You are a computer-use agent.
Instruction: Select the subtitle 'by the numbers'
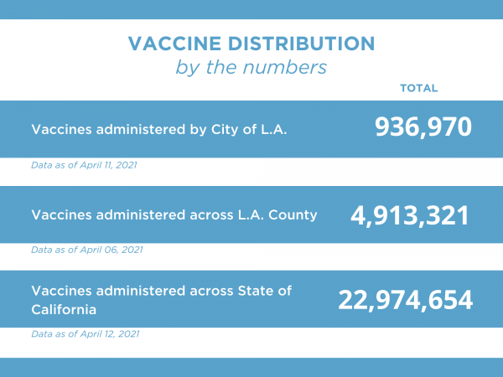click(251, 67)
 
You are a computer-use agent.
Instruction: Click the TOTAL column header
click(418, 88)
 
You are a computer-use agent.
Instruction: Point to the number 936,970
click(423, 127)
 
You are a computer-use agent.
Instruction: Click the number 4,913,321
click(409, 214)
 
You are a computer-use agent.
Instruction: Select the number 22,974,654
click(406, 300)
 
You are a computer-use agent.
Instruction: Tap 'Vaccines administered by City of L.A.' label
click(159, 130)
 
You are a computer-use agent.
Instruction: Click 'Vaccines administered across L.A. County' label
click(174, 214)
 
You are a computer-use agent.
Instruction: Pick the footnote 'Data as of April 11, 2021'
click(84, 165)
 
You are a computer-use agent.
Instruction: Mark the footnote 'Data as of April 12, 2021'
click(85, 333)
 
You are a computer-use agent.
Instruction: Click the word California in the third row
click(64, 309)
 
